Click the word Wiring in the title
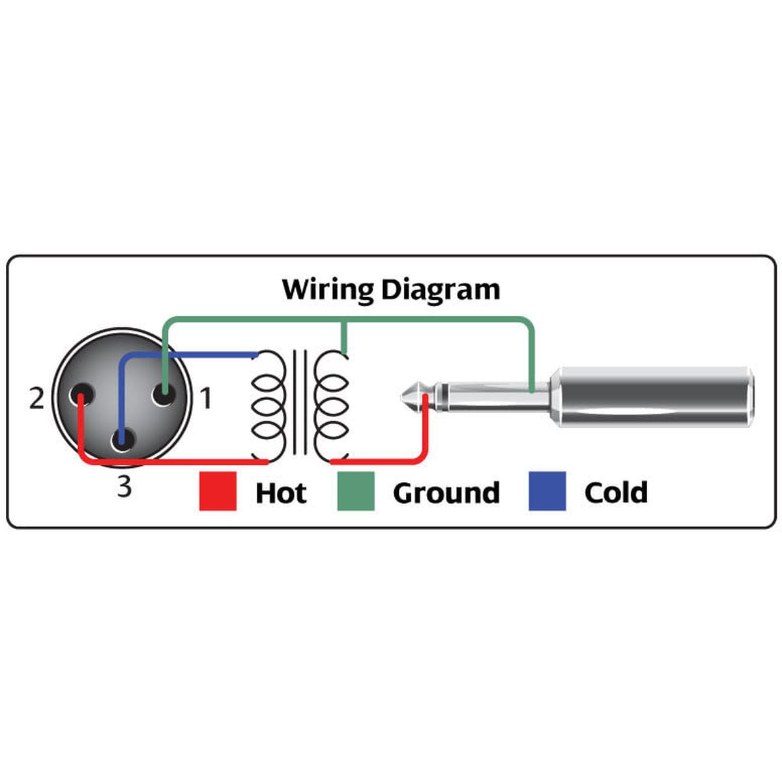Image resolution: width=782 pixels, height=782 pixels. coord(327,289)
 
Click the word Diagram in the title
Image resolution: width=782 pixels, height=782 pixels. coord(441,289)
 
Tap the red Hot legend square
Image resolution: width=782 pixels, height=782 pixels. coord(218,491)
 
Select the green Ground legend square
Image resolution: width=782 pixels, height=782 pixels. coord(356,491)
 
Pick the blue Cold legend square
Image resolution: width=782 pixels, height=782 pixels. coord(547,491)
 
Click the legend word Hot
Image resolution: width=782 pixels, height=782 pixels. coord(281,493)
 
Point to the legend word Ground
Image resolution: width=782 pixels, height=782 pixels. coord(446,493)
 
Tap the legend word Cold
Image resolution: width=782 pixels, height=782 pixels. coord(616,493)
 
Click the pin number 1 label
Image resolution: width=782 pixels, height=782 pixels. coord(206,398)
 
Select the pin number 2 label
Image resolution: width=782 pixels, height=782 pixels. coord(36,398)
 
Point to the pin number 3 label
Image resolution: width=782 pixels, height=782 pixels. coord(124,486)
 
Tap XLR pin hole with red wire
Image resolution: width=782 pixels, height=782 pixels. coord(83,396)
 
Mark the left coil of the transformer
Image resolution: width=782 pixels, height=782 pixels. coord(268,405)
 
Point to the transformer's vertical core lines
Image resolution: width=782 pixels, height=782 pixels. coord(300,402)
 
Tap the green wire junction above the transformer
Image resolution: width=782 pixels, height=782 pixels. coord(344,321)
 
